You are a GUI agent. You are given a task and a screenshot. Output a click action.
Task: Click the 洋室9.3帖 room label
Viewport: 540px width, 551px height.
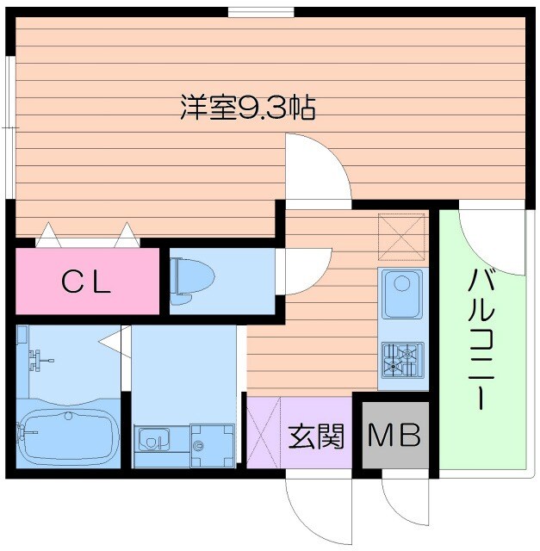247,108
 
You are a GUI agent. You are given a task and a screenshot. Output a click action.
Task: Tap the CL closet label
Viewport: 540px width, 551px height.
86,282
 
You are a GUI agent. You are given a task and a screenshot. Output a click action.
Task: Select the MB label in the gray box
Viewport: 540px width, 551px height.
394,436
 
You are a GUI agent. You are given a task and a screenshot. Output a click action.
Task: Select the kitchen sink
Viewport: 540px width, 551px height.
401,293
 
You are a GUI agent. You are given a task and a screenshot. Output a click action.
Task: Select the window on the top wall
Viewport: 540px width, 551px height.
262,12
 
